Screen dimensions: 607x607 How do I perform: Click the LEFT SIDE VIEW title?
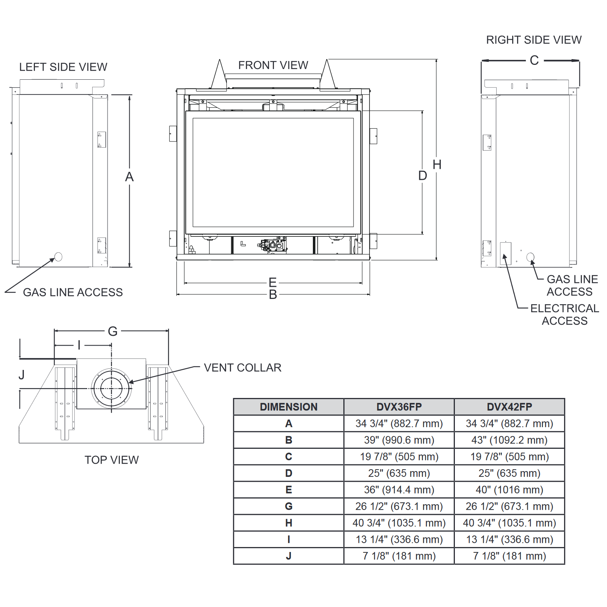click(63, 67)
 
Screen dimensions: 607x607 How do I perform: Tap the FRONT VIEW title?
click(273, 65)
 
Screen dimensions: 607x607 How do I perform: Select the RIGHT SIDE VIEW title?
click(533, 40)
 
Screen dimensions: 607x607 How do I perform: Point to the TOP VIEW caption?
click(112, 460)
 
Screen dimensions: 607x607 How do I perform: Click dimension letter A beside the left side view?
click(129, 177)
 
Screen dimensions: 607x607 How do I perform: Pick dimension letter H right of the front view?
click(437, 165)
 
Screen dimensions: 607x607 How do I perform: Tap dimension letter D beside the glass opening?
click(422, 176)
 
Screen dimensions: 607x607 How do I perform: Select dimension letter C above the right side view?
click(534, 60)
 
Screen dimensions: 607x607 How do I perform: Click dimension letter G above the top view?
click(113, 332)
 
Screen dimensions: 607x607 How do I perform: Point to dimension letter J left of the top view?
click(22, 375)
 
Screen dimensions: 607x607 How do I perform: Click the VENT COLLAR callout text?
click(242, 368)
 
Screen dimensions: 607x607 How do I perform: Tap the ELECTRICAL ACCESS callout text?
click(565, 315)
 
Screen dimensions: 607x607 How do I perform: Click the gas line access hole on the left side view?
click(58, 257)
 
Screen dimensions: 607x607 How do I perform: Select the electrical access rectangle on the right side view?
click(506, 253)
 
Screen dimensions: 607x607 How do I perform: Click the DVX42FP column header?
click(509, 407)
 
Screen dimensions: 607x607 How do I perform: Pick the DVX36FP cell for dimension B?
click(399, 440)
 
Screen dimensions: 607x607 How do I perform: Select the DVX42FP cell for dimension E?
click(509, 490)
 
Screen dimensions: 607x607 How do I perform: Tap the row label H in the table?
click(289, 523)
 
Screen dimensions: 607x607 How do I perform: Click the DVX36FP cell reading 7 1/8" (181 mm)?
click(399, 556)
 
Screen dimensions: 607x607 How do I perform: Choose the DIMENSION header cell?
click(289, 407)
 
